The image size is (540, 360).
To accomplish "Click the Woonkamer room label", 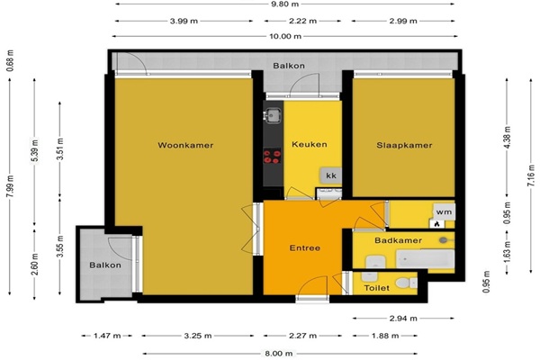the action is tap(185, 145).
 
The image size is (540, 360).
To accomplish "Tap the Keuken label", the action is tap(310, 144).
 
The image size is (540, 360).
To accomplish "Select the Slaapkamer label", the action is tap(404, 145).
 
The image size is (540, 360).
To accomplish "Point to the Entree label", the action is tap(305, 247).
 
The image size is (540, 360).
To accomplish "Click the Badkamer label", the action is tap(398, 240).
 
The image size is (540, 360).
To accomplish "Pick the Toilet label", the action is tap(376, 288).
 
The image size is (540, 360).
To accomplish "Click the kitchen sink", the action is tap(273, 114).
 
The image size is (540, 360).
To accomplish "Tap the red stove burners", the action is tap(272, 157).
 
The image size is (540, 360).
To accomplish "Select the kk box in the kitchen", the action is tap(331, 175).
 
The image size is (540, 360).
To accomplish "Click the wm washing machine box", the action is tap(444, 211).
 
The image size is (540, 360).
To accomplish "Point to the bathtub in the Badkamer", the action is tap(425, 258).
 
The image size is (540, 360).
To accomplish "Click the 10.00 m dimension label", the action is tap(285, 36).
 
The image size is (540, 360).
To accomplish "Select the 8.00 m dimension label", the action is tap(279, 353).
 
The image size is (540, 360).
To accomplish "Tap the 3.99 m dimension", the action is tap(184, 21).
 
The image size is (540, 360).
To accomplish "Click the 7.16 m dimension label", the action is tap(531, 175).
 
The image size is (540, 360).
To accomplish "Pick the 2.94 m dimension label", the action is tap(403, 319).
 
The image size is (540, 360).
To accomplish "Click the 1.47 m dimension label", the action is tap(107, 336).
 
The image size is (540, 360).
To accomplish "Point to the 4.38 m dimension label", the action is tap(507, 138).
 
